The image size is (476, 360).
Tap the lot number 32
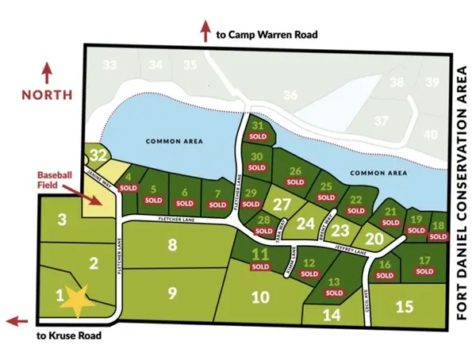click(x=98, y=154)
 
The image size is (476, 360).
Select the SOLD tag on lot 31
click(x=258, y=136)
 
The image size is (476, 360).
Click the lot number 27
click(x=282, y=204)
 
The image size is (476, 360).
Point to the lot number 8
click(x=171, y=245)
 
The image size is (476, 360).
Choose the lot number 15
click(x=404, y=306)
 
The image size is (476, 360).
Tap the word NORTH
click(x=47, y=94)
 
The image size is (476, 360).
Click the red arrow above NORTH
click(x=47, y=72)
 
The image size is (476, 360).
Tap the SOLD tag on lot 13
click(x=334, y=293)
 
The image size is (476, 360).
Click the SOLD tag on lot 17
click(x=425, y=271)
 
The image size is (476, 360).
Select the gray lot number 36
click(x=290, y=95)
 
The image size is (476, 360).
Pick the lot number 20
click(x=375, y=237)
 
